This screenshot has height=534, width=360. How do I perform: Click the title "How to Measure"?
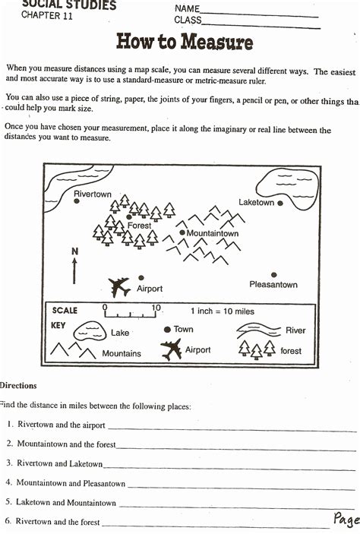point(184,42)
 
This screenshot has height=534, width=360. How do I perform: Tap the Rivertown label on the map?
point(93,194)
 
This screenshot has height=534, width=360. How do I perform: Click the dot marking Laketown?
point(280,203)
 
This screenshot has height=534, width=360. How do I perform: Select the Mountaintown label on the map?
point(213,233)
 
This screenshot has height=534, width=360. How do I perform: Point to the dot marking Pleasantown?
point(274,275)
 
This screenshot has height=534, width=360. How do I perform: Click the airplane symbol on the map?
point(119,286)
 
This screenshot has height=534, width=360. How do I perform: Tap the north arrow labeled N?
point(74,267)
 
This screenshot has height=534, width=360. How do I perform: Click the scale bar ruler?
point(131,311)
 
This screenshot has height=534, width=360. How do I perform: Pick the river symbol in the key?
point(257,330)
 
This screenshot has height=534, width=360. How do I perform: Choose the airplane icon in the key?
point(172,350)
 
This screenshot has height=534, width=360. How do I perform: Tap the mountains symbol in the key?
point(73,351)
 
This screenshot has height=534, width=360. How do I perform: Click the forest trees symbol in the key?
point(257,349)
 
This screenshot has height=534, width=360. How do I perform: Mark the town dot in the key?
point(167,330)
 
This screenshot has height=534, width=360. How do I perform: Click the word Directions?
point(18,386)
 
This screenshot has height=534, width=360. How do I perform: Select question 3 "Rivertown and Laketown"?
point(59,463)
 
